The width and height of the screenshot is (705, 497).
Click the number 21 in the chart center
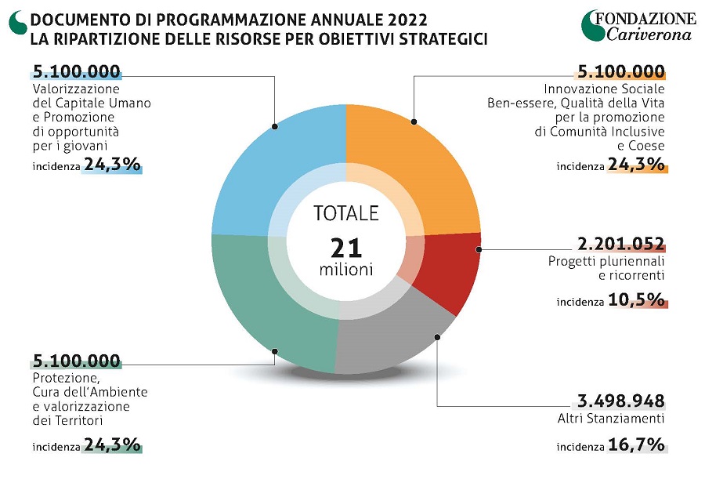click(x=345, y=248)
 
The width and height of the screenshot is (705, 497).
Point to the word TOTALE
click(x=345, y=213)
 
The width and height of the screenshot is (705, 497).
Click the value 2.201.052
click(x=621, y=244)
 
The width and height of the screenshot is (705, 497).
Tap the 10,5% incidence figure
click(x=635, y=300)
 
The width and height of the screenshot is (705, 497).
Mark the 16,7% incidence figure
click(x=635, y=447)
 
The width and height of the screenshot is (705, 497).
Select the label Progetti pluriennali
click(x=606, y=261)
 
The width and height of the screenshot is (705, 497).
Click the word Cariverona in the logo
click(x=650, y=34)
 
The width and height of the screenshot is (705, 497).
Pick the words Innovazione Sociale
click(x=604, y=88)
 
